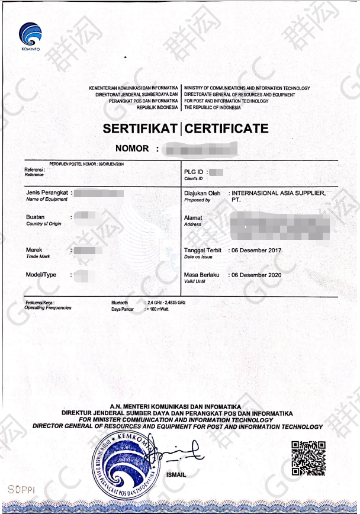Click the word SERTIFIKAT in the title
point(140,128)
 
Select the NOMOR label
point(133,148)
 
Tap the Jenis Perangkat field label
point(48,193)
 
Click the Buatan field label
point(36,217)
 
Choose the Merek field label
point(34,250)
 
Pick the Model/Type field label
point(41,275)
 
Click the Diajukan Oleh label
point(202,193)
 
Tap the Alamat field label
point(193,218)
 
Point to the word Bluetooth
point(120,303)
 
